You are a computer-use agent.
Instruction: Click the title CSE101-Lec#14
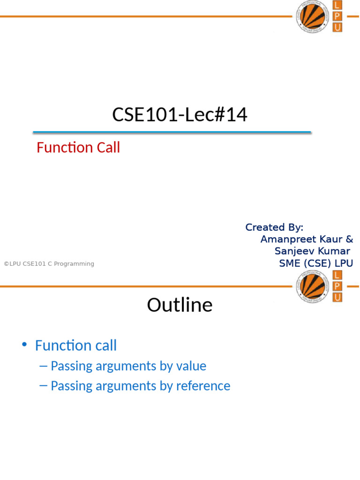tap(180, 114)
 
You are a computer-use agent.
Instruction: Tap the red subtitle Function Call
tap(78, 147)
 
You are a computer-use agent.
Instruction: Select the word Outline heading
tap(180, 305)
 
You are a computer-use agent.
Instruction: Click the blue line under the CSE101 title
tap(172, 132)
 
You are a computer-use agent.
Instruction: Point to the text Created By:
tap(274, 227)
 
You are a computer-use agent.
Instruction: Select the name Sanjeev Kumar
tap(312, 251)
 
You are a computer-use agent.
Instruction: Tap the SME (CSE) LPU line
tap(316, 263)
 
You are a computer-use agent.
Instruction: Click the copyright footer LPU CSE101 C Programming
tap(49, 263)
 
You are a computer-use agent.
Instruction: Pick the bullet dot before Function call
tap(24, 345)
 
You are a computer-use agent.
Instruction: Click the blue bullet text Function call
tap(76, 345)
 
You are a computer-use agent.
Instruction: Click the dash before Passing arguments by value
tap(43, 366)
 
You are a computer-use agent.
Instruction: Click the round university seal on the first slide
tap(313, 16)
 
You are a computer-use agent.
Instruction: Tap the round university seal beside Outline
tap(313, 287)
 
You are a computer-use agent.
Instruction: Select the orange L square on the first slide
tap(337, 5)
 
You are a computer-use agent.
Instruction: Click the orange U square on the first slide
tap(337, 27)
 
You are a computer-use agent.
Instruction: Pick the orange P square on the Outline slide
tap(337, 286)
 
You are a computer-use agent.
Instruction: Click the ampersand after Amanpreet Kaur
tap(349, 239)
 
